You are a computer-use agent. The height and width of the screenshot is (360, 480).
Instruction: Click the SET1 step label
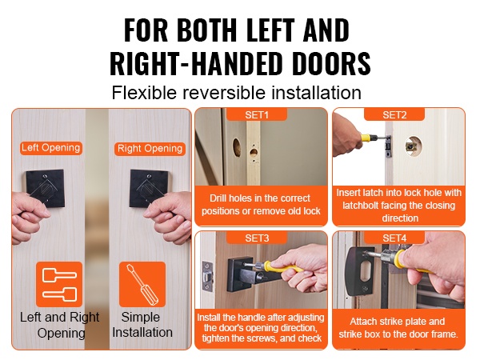(257, 114)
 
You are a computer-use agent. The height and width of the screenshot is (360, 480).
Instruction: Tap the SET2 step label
(394, 114)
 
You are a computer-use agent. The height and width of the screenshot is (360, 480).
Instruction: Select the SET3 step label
(257, 238)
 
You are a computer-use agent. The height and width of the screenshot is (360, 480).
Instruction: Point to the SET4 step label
(394, 238)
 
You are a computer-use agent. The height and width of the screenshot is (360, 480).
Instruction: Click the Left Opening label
(51, 148)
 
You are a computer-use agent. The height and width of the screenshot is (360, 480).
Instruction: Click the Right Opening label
(150, 149)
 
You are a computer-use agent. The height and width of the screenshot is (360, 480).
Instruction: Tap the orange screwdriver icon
(142, 284)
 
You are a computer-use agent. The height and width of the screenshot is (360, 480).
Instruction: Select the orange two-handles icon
(59, 284)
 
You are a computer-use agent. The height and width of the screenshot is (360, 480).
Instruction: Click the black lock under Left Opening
(46, 188)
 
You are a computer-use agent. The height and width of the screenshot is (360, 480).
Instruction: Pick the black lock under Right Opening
(150, 188)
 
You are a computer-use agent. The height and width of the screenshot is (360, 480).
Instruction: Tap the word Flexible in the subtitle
(144, 93)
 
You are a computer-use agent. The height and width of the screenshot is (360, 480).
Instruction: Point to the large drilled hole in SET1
(237, 146)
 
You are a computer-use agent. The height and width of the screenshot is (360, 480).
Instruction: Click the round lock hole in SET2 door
(414, 146)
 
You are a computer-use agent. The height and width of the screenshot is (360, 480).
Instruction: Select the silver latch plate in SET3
(208, 276)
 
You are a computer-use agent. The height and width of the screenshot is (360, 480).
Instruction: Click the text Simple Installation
(142, 325)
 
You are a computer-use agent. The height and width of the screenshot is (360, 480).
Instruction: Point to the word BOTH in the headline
(207, 30)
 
